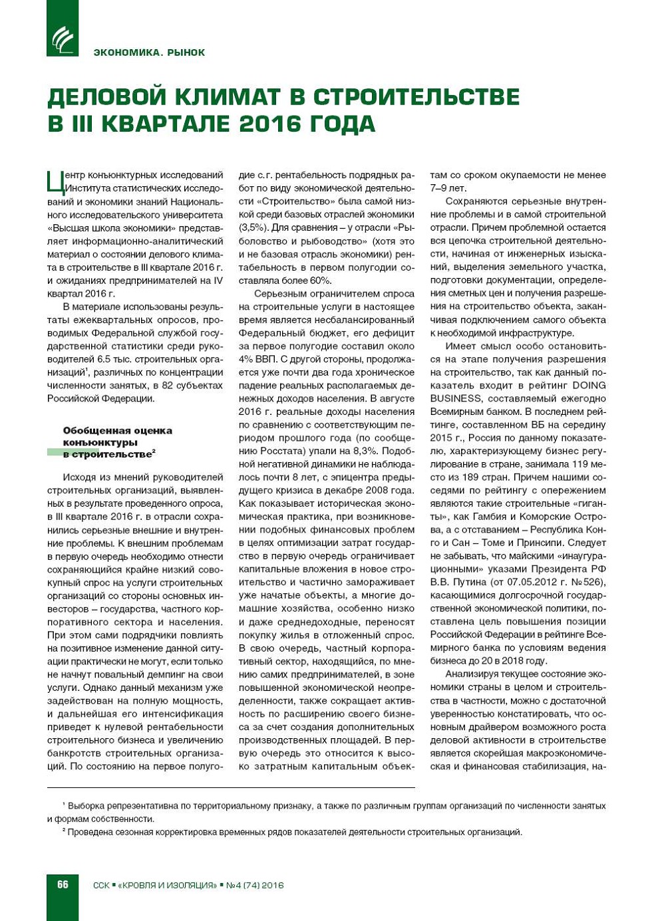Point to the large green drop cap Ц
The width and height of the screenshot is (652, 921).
(x=55, y=181)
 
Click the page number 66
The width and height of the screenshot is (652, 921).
(x=63, y=884)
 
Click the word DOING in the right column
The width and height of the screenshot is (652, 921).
(x=589, y=385)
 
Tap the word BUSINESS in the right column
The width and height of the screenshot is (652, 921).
(x=456, y=398)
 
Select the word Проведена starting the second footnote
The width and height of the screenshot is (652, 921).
(x=90, y=832)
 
